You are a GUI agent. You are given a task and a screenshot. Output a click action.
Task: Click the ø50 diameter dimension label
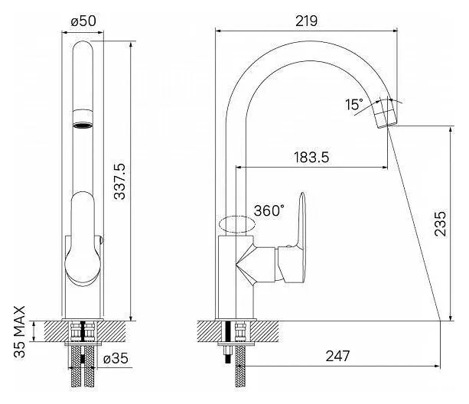pos(83,21)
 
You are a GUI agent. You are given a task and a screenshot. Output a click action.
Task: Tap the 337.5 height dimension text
pos(120,181)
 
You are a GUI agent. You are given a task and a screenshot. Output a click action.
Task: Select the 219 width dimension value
pos(306,21)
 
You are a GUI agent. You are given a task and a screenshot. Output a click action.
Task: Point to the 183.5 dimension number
pos(311,158)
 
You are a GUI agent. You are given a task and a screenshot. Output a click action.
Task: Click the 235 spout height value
pos(440,223)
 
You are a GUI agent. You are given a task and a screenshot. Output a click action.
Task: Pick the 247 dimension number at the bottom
pos(337,356)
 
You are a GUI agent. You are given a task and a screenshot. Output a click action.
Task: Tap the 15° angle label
pos(354,105)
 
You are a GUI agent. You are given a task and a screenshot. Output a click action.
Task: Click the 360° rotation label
pos(269,210)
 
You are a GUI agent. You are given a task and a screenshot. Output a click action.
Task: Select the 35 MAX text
pos(20,331)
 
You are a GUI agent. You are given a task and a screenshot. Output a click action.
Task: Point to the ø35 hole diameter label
pos(116,358)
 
